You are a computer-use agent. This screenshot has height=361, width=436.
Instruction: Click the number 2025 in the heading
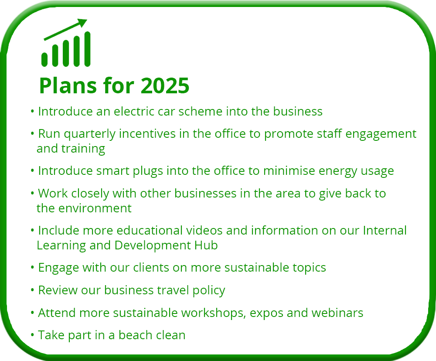pos(165,85)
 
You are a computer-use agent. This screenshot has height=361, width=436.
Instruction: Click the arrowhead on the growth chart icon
pos(82,23)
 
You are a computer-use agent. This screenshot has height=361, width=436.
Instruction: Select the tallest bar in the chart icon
pos(87,49)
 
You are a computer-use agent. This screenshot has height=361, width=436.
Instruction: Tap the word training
pos(83,149)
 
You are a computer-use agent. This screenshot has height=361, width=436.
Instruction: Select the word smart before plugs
pos(112,171)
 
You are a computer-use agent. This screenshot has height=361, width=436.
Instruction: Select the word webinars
pos(337,313)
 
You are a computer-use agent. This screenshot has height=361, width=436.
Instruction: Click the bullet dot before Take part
pos(33,334)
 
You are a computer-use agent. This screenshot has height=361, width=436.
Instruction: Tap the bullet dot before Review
pos(33,290)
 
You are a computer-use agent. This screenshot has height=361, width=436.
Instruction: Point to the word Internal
pos(385,230)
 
